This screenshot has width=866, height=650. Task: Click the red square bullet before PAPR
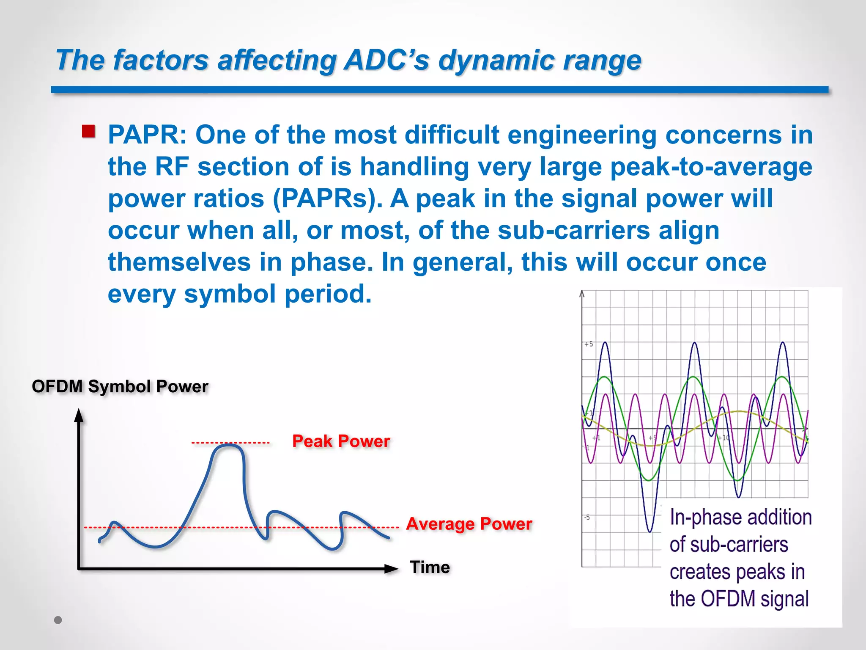pos(88,131)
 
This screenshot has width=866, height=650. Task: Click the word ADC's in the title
pos(386,60)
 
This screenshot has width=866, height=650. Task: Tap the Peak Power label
pos(341,441)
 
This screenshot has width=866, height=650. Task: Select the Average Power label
pos(469,524)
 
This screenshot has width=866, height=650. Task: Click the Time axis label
pos(430,567)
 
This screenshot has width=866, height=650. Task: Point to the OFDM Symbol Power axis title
pos(120,386)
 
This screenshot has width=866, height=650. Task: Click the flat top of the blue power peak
pos(229,446)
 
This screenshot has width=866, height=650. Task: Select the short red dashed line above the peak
pos(230,443)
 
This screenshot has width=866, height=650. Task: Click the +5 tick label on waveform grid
pos(589,344)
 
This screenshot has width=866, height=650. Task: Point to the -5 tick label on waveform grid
pos(587,517)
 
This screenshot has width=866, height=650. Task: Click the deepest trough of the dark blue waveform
pos(650,530)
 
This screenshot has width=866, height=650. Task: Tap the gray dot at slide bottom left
pos(58,620)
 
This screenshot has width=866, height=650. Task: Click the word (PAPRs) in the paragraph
pos(327,198)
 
